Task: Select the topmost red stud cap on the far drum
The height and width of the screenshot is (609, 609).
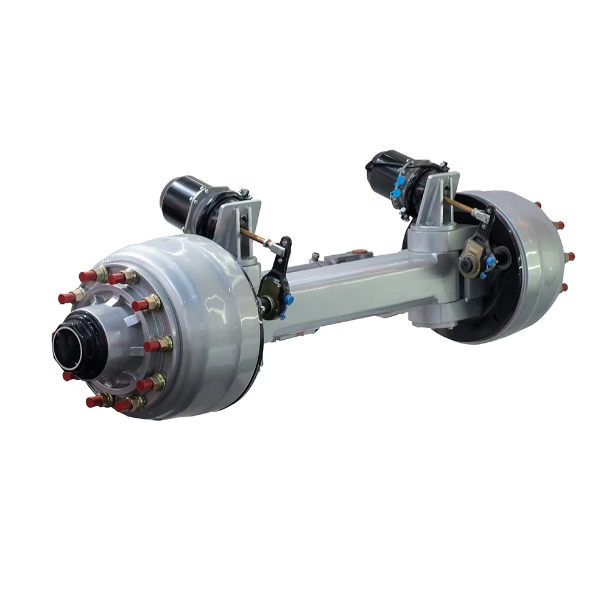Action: coord(538,205)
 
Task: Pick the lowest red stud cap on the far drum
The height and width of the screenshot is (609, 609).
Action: coord(563,287)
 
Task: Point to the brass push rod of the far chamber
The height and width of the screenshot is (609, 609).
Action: coord(458,204)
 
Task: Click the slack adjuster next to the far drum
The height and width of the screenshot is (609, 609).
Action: coord(475,250)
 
